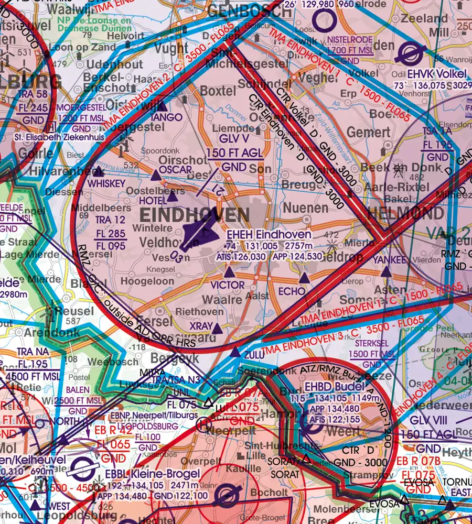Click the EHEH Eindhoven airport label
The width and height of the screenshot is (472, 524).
point(269,235)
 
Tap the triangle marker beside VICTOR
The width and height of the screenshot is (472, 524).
point(229,273)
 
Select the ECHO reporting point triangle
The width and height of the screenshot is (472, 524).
point(304,277)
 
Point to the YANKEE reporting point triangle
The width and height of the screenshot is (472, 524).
point(386,272)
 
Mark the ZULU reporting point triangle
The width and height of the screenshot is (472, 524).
point(236,353)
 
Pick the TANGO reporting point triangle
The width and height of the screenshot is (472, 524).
point(161,106)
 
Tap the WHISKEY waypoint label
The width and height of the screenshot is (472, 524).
point(106,184)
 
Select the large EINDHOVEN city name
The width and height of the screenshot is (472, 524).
point(195,215)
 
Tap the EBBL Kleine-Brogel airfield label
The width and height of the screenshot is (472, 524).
point(149,474)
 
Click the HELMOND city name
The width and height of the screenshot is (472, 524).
point(405,213)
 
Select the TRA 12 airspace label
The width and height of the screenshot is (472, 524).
point(111,220)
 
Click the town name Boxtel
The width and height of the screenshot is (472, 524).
point(218,91)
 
